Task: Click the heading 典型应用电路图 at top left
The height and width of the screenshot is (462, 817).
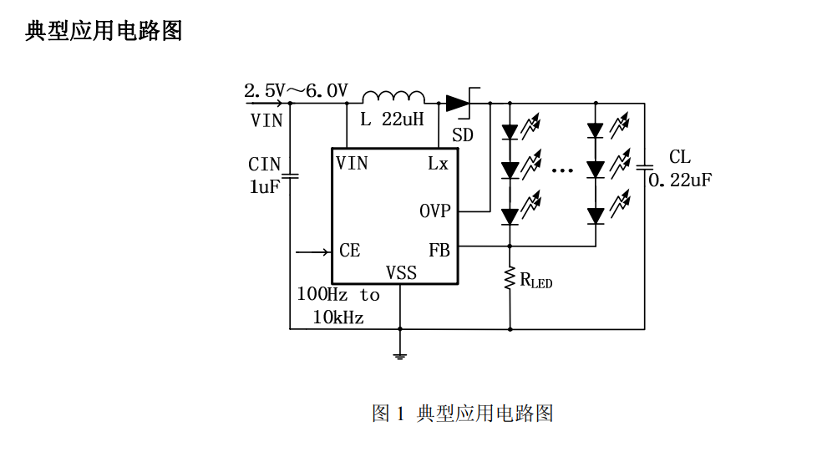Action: (104, 32)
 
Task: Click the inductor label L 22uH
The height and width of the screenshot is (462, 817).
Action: (392, 119)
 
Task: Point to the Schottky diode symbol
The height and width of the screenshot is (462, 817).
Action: (460, 103)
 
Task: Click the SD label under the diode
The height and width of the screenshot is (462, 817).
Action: (462, 135)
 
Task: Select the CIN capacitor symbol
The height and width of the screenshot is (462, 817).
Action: (290, 176)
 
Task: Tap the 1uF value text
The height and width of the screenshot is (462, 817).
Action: (265, 187)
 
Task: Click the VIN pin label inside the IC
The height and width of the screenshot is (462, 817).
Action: (352, 163)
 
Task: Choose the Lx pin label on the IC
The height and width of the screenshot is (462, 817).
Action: (438, 164)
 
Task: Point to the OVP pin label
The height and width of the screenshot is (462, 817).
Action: (434, 211)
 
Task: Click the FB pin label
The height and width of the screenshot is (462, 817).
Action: (439, 251)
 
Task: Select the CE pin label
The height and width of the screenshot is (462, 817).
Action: (349, 251)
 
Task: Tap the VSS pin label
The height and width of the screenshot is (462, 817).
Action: (401, 273)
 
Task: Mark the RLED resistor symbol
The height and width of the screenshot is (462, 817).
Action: (510, 279)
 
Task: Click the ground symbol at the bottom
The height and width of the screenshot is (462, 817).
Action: (400, 355)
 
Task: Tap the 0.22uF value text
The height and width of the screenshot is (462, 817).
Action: (681, 180)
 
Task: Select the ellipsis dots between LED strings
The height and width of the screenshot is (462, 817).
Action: (562, 170)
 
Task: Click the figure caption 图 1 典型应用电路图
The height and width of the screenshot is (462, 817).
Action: (462, 413)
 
